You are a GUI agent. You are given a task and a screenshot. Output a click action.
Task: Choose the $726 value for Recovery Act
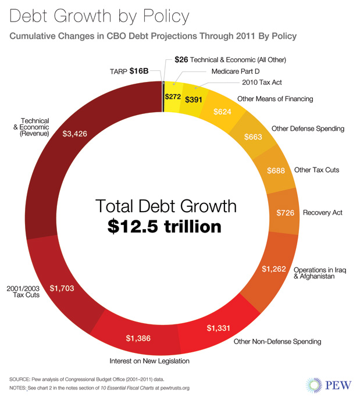[286, 213]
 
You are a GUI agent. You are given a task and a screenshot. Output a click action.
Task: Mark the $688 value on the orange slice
[276, 172]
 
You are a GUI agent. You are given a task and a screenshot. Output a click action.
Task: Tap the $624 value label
[224, 111]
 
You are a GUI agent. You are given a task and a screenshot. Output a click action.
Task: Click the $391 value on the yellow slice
[193, 99]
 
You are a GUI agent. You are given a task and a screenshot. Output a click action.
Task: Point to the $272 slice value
[173, 97]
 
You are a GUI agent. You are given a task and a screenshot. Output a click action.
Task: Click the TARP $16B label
[129, 71]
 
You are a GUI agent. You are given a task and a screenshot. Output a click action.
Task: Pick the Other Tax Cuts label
[316, 170]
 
